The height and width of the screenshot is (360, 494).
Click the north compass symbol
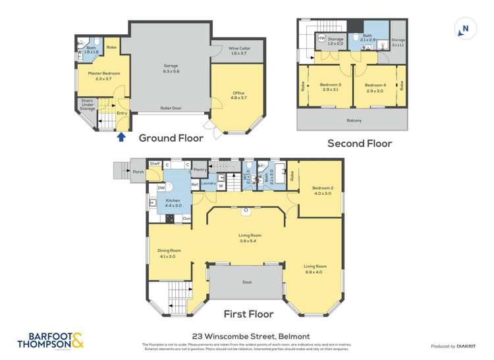point(464,28)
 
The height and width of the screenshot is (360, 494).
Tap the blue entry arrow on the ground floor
point(121,137)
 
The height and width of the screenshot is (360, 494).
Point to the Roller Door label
point(171,109)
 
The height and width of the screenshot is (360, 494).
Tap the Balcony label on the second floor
point(354,120)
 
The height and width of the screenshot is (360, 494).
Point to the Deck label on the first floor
point(247,282)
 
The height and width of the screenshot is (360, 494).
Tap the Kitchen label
point(173,201)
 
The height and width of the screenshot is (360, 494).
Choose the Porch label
point(138,172)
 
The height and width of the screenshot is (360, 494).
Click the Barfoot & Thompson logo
point(45,340)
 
